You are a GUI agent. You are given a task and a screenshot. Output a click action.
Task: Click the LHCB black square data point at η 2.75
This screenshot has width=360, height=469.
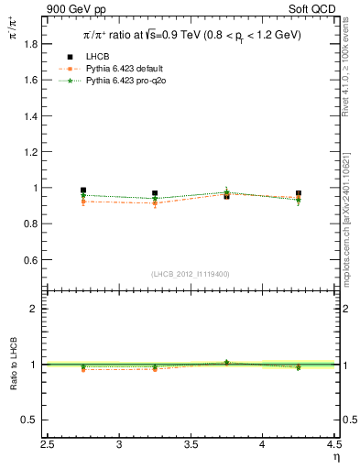pyautogui.click(x=83, y=190)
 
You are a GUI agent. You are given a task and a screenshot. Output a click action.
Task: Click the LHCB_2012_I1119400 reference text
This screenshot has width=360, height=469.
pyautogui.click(x=191, y=273)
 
